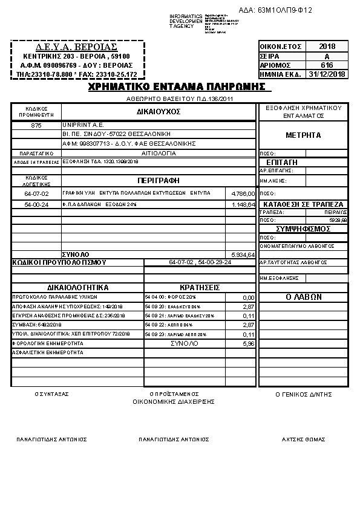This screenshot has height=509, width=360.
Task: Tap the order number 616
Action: (x=327, y=65)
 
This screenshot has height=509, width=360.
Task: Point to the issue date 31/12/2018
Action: (x=327, y=74)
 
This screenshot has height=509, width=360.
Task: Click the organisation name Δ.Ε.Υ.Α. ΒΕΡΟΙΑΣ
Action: (x=77, y=47)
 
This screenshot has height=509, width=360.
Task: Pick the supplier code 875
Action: (x=36, y=125)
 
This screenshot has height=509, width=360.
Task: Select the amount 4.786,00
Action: (x=243, y=193)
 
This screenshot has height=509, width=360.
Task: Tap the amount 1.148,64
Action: (x=243, y=205)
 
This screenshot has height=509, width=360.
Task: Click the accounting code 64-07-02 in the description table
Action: (x=36, y=193)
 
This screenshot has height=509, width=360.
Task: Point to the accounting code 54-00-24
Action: (x=36, y=205)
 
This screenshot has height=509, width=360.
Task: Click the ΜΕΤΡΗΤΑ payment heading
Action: (x=303, y=135)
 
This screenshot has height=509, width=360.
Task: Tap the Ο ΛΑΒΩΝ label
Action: (x=303, y=297)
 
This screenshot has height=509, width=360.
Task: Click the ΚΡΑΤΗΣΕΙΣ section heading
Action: (x=200, y=288)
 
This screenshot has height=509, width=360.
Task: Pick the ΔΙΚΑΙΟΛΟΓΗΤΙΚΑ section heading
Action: (x=77, y=288)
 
